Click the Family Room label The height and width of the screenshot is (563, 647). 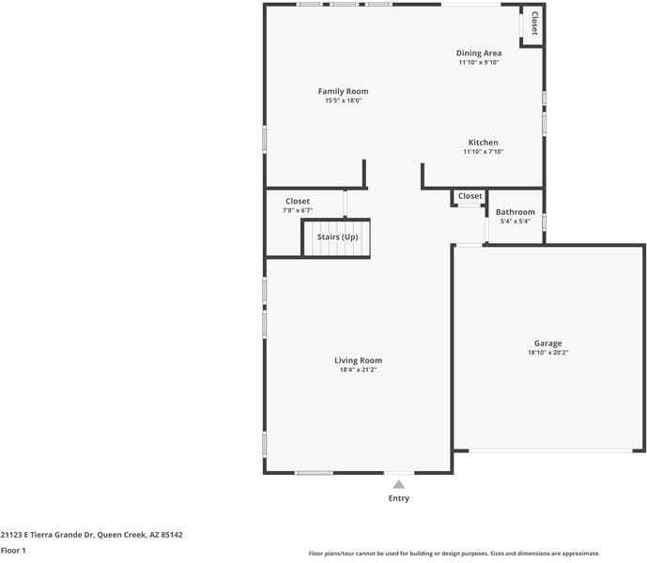[342, 91]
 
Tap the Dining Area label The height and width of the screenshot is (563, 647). [478, 53]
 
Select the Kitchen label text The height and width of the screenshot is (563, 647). [483, 143]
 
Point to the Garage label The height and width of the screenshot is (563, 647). [547, 343]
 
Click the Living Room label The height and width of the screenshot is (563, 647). [358, 360]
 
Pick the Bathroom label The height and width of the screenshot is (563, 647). [515, 212]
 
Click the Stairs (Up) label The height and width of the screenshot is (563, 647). [337, 237]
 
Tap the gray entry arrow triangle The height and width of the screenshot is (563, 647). [399, 484]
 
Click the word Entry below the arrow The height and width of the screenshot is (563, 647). [399, 498]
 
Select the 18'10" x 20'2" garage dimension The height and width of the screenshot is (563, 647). [547, 353]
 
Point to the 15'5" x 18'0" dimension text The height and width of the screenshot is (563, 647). [342, 100]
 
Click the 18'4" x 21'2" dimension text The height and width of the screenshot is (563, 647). [358, 370]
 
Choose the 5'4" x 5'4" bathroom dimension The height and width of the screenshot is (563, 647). [515, 221]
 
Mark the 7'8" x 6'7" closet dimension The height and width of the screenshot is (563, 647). [297, 210]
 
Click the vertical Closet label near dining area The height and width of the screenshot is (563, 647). [534, 23]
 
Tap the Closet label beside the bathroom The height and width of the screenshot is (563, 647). [470, 196]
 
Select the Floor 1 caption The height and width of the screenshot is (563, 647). [12, 550]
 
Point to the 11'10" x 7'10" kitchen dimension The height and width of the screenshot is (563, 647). [483, 151]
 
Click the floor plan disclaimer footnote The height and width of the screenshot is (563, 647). [454, 554]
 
